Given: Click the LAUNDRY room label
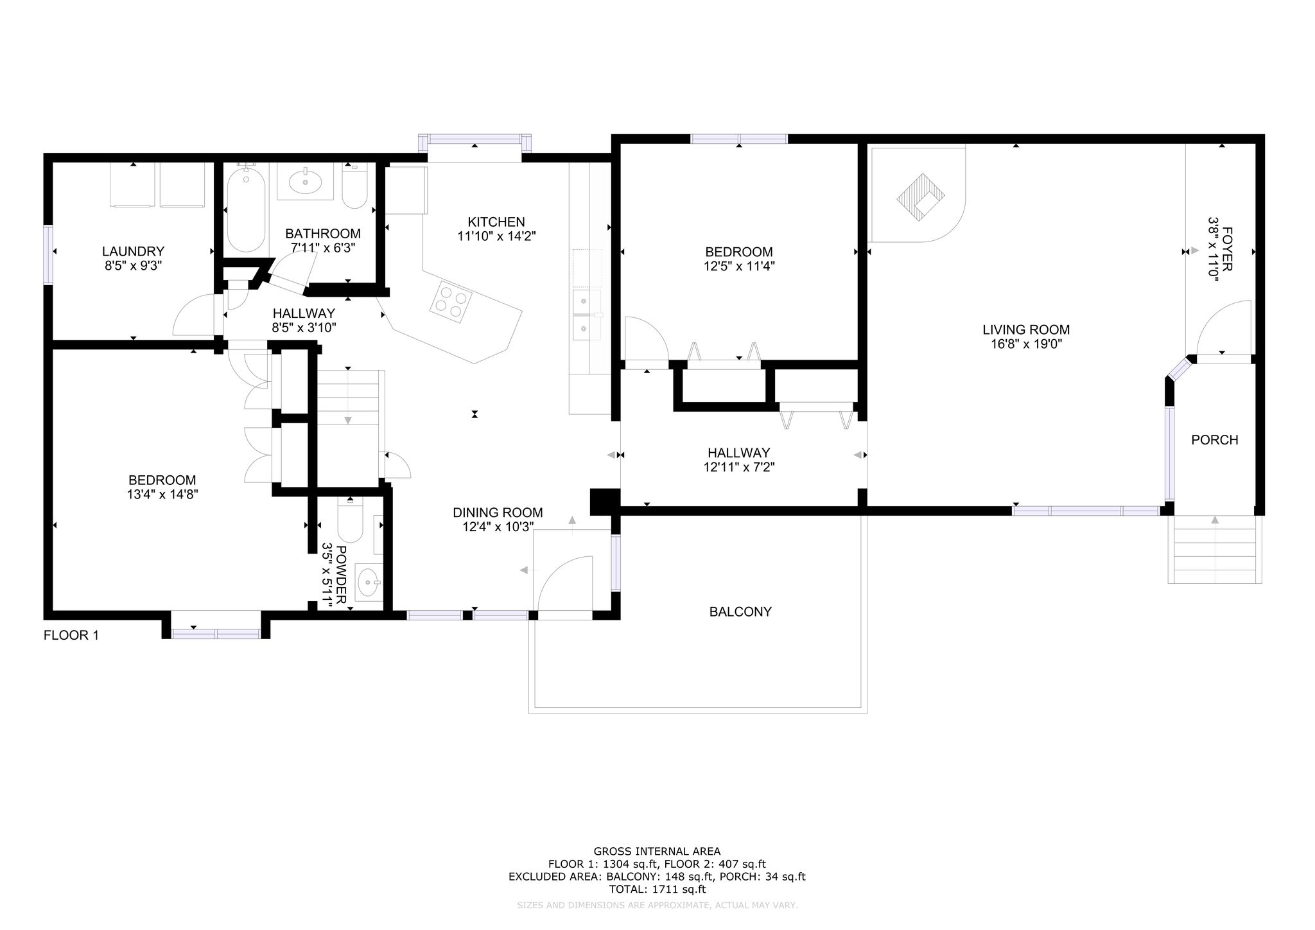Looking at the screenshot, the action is pyautogui.click(x=133, y=251).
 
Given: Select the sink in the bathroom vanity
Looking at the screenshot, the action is pyautogui.click(x=306, y=182).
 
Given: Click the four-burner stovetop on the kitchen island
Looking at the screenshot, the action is pyautogui.click(x=451, y=300).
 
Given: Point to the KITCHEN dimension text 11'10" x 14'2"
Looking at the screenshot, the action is pyautogui.click(x=496, y=236).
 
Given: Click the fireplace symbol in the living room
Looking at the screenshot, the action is pyautogui.click(x=921, y=197).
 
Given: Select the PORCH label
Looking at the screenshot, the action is pyautogui.click(x=1214, y=440).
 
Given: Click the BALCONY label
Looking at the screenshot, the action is pyautogui.click(x=740, y=612).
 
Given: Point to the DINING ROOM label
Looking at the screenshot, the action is pyautogui.click(x=498, y=513).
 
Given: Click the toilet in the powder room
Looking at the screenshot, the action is pyautogui.click(x=351, y=520).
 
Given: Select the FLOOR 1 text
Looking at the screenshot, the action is pyautogui.click(x=71, y=636).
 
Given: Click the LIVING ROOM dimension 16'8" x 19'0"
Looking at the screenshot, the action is pyautogui.click(x=1026, y=344).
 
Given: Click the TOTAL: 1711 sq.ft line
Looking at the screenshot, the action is pyautogui.click(x=657, y=890).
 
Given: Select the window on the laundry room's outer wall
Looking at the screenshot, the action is pyautogui.click(x=48, y=254).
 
